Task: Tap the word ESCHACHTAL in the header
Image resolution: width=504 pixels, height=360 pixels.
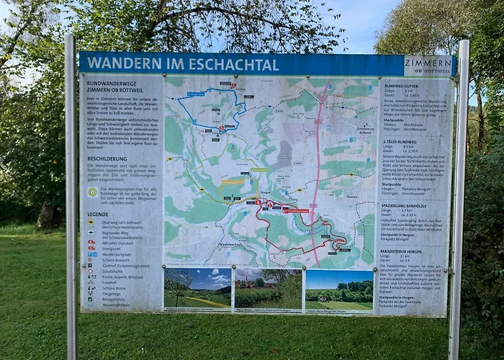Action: coord(234,64)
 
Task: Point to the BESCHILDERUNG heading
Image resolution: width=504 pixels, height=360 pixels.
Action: coord(107,158)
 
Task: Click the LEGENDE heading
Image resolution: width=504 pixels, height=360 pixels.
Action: coord(98,214)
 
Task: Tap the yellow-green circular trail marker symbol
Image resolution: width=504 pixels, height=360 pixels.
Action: coord(92,192)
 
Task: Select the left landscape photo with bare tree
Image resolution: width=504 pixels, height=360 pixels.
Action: coord(197,289)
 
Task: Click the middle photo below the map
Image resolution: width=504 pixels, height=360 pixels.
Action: coord(267,289)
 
